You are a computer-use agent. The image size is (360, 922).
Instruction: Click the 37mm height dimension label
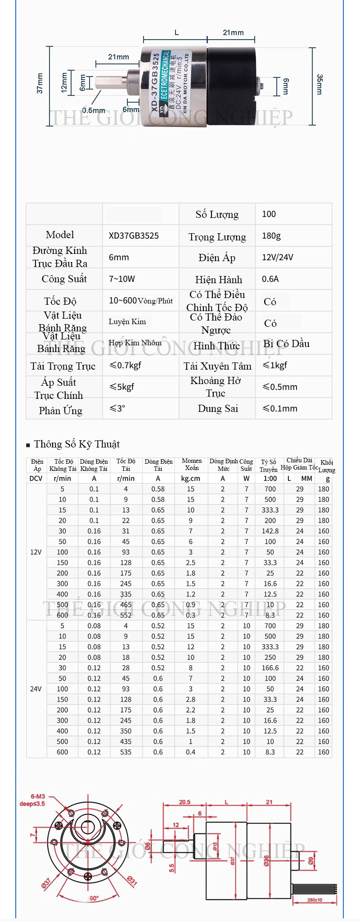click(40, 83)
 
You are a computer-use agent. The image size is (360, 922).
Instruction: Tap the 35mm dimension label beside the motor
click(319, 84)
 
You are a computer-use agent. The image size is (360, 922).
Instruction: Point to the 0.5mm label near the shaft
click(94, 110)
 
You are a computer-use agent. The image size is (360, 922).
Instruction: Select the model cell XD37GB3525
click(134, 236)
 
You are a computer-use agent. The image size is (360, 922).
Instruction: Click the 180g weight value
click(271, 236)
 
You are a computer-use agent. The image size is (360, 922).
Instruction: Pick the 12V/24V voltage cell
click(277, 258)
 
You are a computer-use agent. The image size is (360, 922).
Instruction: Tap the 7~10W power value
click(122, 279)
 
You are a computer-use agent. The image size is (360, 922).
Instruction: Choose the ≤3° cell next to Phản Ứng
click(117, 409)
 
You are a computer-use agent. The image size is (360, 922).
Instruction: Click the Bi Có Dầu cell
click(287, 344)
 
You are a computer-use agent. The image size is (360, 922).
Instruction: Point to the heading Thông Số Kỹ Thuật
click(76, 444)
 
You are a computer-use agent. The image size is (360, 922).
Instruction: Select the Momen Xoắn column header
click(192, 464)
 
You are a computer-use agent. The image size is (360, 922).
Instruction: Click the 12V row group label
click(36, 552)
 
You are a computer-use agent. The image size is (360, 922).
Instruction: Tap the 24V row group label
click(36, 689)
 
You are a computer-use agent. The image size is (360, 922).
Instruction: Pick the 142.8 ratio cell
click(270, 531)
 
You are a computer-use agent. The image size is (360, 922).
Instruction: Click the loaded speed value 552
click(126, 615)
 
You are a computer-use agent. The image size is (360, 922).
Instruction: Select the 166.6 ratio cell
click(270, 668)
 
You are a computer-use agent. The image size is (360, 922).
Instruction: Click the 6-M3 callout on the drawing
click(38, 796)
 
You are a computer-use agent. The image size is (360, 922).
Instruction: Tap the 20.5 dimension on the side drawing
click(185, 802)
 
